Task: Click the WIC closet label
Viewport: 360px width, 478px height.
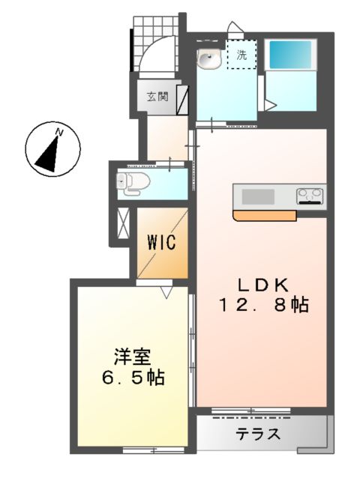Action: tap(161, 243)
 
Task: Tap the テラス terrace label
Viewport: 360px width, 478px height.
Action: tap(259, 434)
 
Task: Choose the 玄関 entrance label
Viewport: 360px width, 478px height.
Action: tap(157, 96)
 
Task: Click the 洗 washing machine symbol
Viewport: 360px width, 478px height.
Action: tap(241, 55)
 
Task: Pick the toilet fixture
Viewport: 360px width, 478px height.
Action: tap(133, 181)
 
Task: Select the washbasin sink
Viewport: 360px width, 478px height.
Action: tap(209, 58)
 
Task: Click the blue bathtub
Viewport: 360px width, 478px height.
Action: tap(289, 54)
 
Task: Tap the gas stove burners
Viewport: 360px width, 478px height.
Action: tap(310, 196)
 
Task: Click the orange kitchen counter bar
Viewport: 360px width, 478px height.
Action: tap(265, 216)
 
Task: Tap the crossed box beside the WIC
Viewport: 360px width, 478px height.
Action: tap(123, 223)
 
